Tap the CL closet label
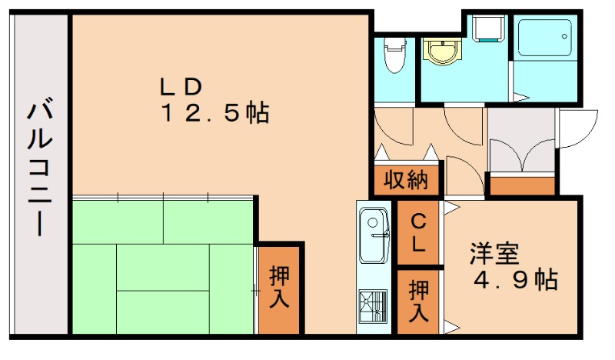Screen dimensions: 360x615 click(419, 233)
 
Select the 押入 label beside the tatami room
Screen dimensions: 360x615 click(280, 288)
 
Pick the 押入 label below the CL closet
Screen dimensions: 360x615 click(419, 301)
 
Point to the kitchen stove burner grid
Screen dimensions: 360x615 click(374, 308)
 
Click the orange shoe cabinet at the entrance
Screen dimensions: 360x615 click(523, 185)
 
